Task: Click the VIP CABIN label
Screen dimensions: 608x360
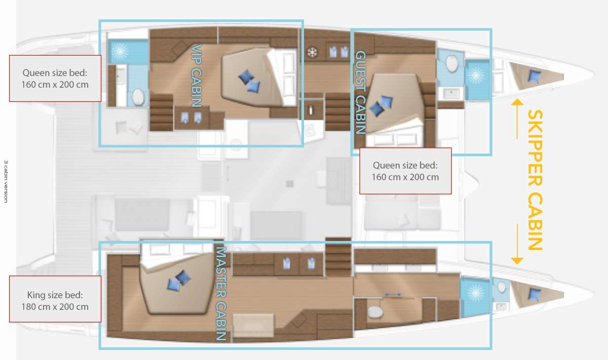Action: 197,75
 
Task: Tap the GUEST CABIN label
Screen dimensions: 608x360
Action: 361,92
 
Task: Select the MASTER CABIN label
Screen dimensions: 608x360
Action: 221,293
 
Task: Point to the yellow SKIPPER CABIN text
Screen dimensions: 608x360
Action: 535,180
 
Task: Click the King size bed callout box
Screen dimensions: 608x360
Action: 55,299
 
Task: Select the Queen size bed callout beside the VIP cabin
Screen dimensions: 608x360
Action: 55,78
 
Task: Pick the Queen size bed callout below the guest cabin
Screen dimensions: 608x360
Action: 405,171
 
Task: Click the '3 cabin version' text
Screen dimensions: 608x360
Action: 6,181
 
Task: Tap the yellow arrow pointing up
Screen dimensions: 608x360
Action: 517,118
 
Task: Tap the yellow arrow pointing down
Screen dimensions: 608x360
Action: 517,244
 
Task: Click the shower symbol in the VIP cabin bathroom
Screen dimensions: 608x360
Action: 120,51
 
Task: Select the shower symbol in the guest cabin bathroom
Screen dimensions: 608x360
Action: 476,75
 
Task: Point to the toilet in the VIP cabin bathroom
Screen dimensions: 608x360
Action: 138,97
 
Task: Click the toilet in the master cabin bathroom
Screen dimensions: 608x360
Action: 375,312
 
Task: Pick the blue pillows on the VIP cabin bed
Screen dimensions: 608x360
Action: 249,81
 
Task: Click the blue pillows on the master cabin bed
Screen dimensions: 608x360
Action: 179,281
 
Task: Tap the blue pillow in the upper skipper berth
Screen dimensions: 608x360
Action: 534,75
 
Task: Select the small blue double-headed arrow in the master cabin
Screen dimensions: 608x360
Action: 393,294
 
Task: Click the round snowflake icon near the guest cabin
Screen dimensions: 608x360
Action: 313,52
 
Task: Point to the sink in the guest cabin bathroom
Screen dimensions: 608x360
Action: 451,94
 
